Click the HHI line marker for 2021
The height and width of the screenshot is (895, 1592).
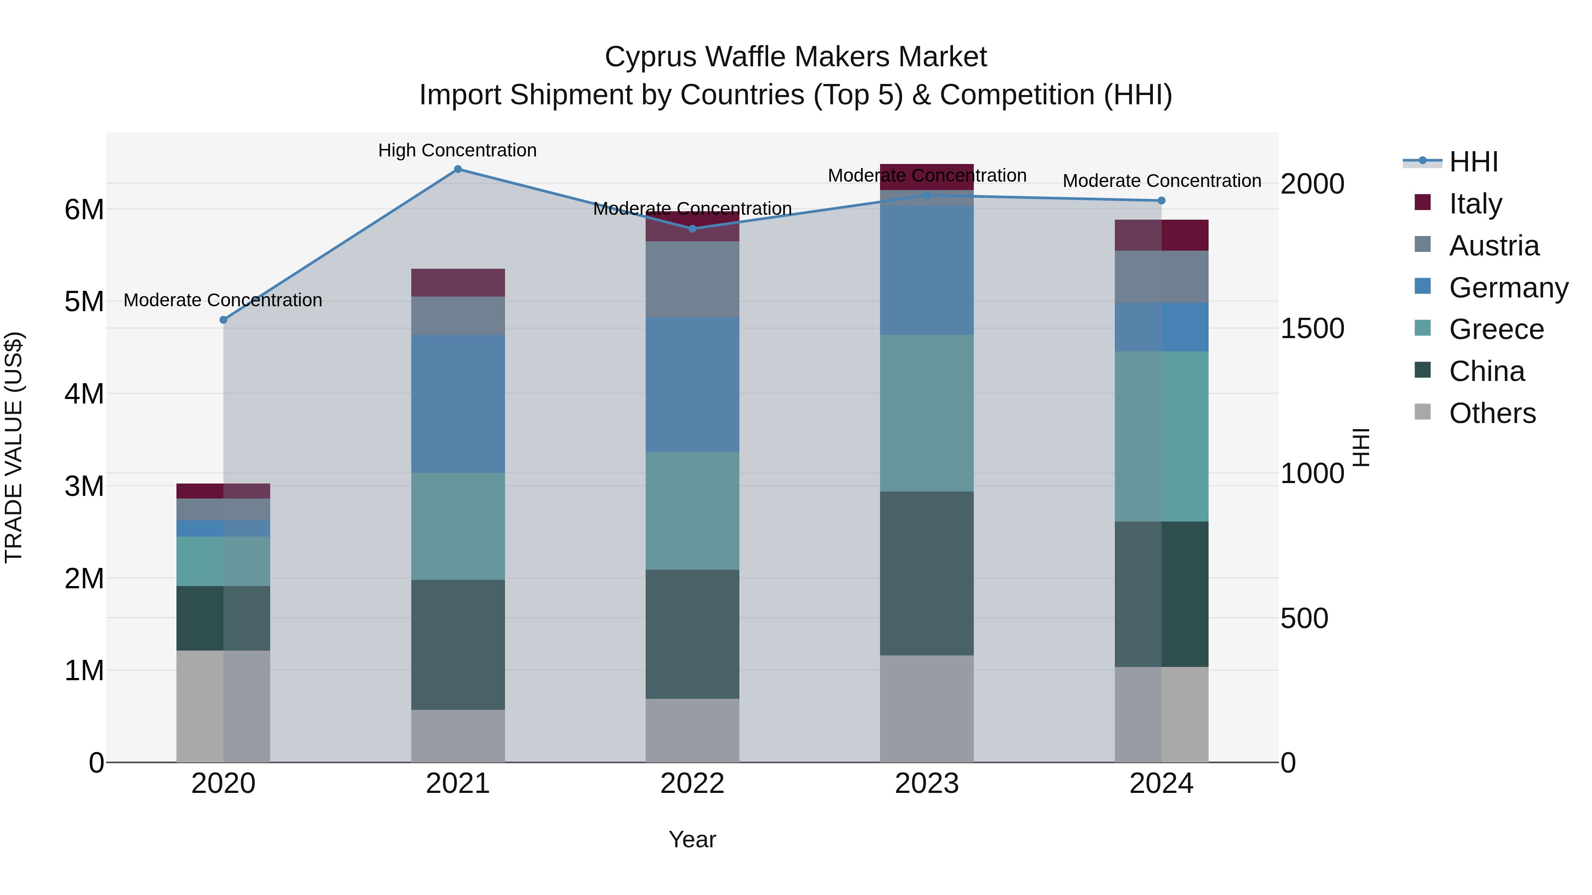(x=457, y=169)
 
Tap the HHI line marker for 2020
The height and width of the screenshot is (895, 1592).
(x=224, y=320)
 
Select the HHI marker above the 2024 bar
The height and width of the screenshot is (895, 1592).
(x=1161, y=201)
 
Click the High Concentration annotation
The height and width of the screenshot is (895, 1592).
(x=457, y=150)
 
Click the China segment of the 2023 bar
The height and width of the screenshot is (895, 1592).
(x=926, y=573)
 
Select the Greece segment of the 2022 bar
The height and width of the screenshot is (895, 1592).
(x=692, y=511)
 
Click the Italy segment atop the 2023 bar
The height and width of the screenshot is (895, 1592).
(x=926, y=177)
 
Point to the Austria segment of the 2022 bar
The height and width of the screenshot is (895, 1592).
(x=692, y=279)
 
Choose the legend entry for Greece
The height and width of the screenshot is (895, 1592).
(x=1496, y=329)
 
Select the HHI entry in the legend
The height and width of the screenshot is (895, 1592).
(x=1473, y=162)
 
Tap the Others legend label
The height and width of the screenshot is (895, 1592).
(x=1492, y=413)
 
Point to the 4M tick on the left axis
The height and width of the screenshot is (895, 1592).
(x=84, y=393)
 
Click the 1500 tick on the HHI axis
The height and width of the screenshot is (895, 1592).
(x=1312, y=328)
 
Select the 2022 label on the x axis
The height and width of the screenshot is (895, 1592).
(x=692, y=784)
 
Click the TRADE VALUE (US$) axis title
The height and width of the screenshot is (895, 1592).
(x=14, y=447)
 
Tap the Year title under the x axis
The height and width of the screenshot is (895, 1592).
(x=692, y=839)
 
